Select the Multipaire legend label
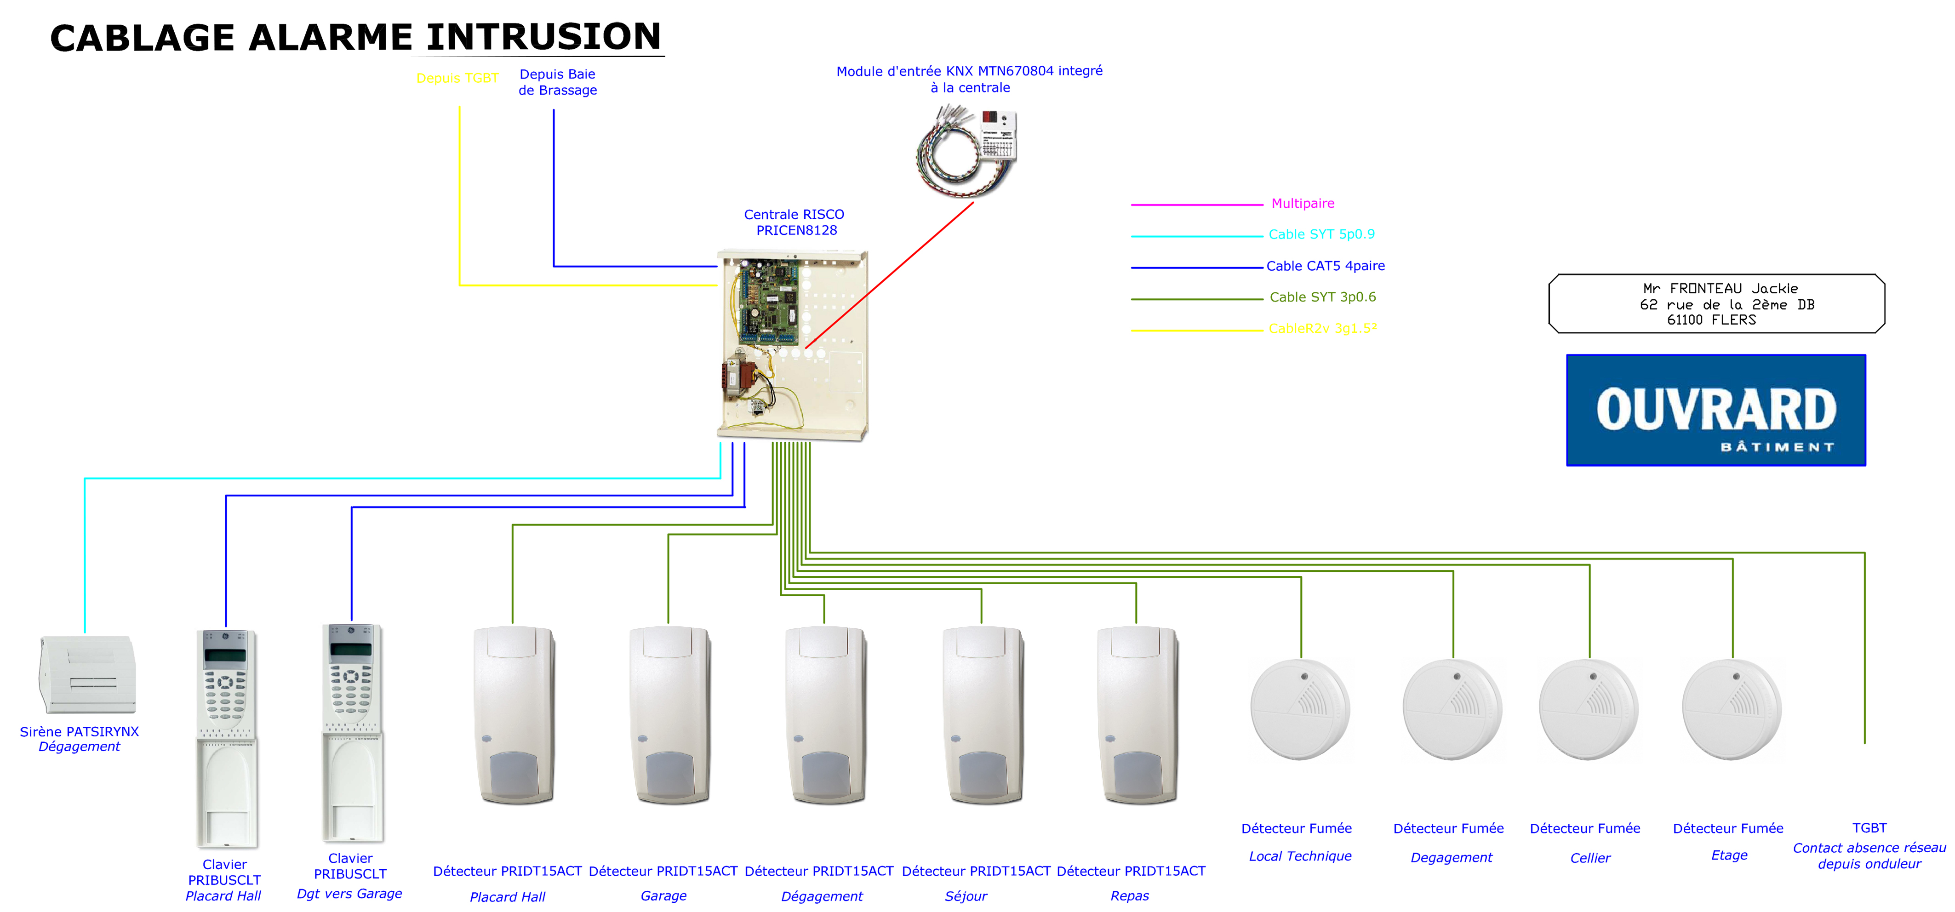pos(1302,203)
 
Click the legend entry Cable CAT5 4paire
pos(1325,266)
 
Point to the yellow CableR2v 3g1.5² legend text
pos(1322,329)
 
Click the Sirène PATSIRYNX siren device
pos(87,674)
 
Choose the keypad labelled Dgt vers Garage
pos(352,732)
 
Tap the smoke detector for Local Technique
pos(1300,709)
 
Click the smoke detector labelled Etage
pos(1732,709)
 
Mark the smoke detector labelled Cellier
pos(1589,709)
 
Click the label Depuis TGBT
pos(457,78)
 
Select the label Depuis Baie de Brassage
pos(557,82)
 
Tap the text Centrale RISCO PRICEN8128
pos(794,222)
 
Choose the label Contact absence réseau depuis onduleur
pos(1869,856)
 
